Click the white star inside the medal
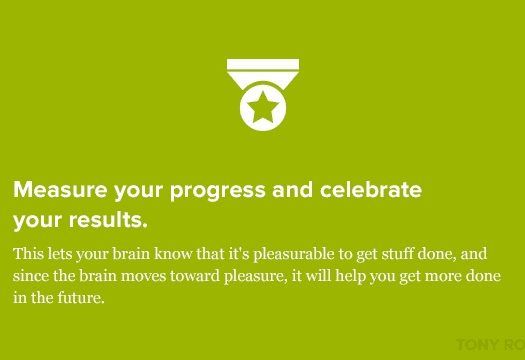pyautogui.click(x=263, y=107)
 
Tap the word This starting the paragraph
pyautogui.click(x=29, y=254)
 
